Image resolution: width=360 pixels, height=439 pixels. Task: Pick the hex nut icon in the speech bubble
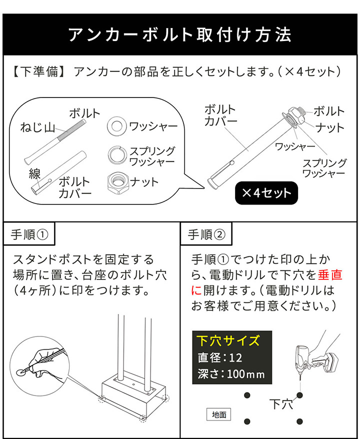click(x=117, y=181)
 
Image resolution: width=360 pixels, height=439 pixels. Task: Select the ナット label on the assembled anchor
click(x=329, y=128)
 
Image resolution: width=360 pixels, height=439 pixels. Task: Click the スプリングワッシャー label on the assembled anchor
click(x=324, y=168)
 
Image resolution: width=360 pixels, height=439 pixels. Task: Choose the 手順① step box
click(x=29, y=234)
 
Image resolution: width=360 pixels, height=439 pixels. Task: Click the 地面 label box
click(x=219, y=414)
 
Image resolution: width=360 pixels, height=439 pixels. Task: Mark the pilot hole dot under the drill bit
click(x=300, y=395)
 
